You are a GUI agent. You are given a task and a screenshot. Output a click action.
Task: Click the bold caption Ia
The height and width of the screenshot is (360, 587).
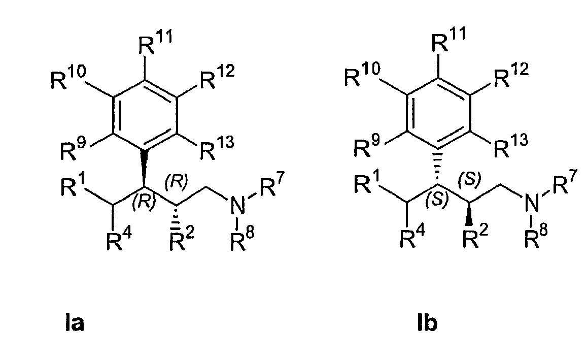[x=74, y=323]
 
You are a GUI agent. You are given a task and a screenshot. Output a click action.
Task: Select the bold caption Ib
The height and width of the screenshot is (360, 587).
[x=428, y=323]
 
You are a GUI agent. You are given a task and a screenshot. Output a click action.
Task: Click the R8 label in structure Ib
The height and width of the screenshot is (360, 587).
[x=536, y=236]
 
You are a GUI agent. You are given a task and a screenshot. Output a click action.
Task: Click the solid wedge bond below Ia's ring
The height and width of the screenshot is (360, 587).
[x=144, y=168]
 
